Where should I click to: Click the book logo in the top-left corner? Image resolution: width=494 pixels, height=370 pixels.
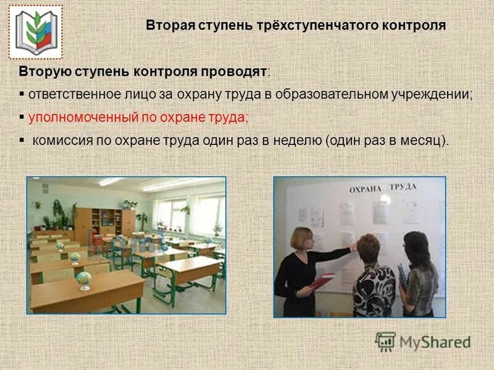click(35, 32)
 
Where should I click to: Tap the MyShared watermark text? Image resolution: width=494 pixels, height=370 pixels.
click(435, 341)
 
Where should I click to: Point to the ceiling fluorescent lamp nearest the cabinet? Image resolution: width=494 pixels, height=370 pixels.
click(111, 182)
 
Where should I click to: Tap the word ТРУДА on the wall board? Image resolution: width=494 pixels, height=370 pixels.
click(403, 186)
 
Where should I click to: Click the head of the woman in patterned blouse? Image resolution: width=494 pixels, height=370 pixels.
click(369, 246)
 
